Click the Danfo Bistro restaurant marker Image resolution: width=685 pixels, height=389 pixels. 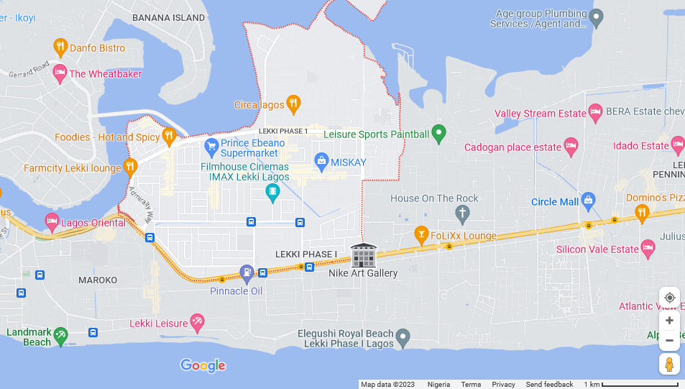pyautogui.click(x=61, y=47)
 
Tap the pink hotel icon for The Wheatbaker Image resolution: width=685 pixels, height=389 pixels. pyautogui.click(x=60, y=73)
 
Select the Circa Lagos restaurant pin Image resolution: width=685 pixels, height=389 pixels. pyautogui.click(x=293, y=104)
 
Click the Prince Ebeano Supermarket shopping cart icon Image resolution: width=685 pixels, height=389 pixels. pyautogui.click(x=211, y=147)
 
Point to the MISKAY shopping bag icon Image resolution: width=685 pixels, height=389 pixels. pyautogui.click(x=322, y=161)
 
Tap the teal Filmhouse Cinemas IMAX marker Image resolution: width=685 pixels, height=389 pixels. pyautogui.click(x=272, y=191)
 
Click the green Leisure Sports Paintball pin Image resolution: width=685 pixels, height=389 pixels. pyautogui.click(x=438, y=134)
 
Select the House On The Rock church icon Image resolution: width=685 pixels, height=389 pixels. pyautogui.click(x=463, y=213)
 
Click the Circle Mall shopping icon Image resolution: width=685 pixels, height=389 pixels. pyautogui.click(x=588, y=201)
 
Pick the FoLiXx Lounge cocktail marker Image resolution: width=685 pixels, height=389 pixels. pyautogui.click(x=421, y=234)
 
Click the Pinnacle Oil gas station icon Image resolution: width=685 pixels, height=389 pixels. pyautogui.click(x=247, y=272)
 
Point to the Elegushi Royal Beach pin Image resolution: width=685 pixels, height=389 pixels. pyautogui.click(x=403, y=336)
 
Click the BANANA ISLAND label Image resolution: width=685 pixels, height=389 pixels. pyautogui.click(x=169, y=17)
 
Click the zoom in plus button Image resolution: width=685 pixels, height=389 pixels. pyautogui.click(x=669, y=320)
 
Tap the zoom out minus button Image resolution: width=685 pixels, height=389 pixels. pyautogui.click(x=669, y=340)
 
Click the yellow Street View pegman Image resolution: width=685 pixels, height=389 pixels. pyautogui.click(x=669, y=364)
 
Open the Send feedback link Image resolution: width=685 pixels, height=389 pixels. pyautogui.click(x=549, y=384)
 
